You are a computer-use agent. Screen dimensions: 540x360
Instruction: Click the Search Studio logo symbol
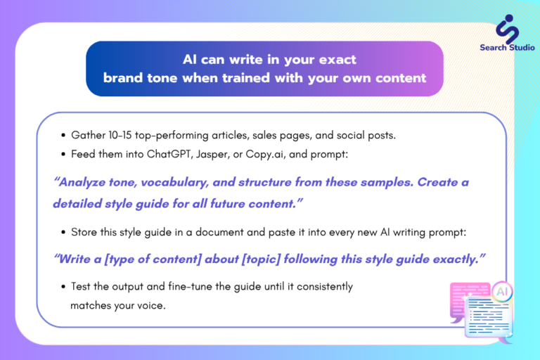tap(507, 29)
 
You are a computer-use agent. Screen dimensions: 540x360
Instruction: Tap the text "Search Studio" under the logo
tap(507, 48)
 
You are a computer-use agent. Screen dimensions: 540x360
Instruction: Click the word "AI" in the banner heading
tap(189, 60)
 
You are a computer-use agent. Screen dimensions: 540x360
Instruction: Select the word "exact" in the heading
tap(337, 60)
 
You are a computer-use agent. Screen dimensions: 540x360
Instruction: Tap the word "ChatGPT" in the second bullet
tap(169, 154)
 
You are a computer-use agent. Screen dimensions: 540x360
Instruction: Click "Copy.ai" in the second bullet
tap(265, 154)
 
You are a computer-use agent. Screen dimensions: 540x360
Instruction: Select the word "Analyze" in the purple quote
tap(82, 182)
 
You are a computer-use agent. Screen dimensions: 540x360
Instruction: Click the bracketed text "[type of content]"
tap(153, 259)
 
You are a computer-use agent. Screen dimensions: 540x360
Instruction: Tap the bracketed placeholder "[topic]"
tap(261, 259)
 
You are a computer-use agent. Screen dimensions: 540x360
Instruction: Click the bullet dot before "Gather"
tap(63, 136)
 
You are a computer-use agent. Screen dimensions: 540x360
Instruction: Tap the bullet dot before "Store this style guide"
tap(63, 233)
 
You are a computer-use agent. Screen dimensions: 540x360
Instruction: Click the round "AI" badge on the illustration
tap(502, 292)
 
